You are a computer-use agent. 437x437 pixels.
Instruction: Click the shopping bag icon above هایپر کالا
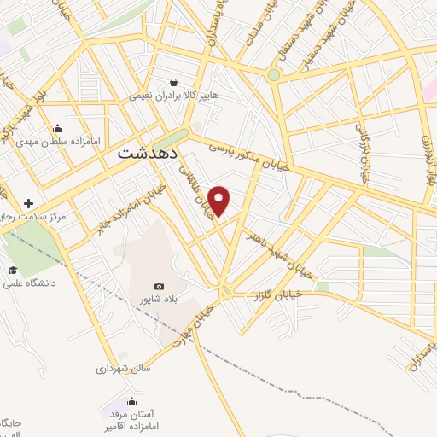click(174, 83)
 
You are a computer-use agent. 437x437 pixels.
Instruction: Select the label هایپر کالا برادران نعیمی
click(174, 96)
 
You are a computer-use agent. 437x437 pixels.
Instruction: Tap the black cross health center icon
click(30, 204)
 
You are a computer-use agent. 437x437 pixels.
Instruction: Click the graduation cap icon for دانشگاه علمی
click(13, 270)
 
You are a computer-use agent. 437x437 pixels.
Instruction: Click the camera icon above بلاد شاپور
click(159, 287)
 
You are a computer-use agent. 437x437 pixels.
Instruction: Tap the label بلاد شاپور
click(159, 300)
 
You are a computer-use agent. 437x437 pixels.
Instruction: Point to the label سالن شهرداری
click(124, 370)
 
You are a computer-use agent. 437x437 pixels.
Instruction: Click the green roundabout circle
click(273, 74)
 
